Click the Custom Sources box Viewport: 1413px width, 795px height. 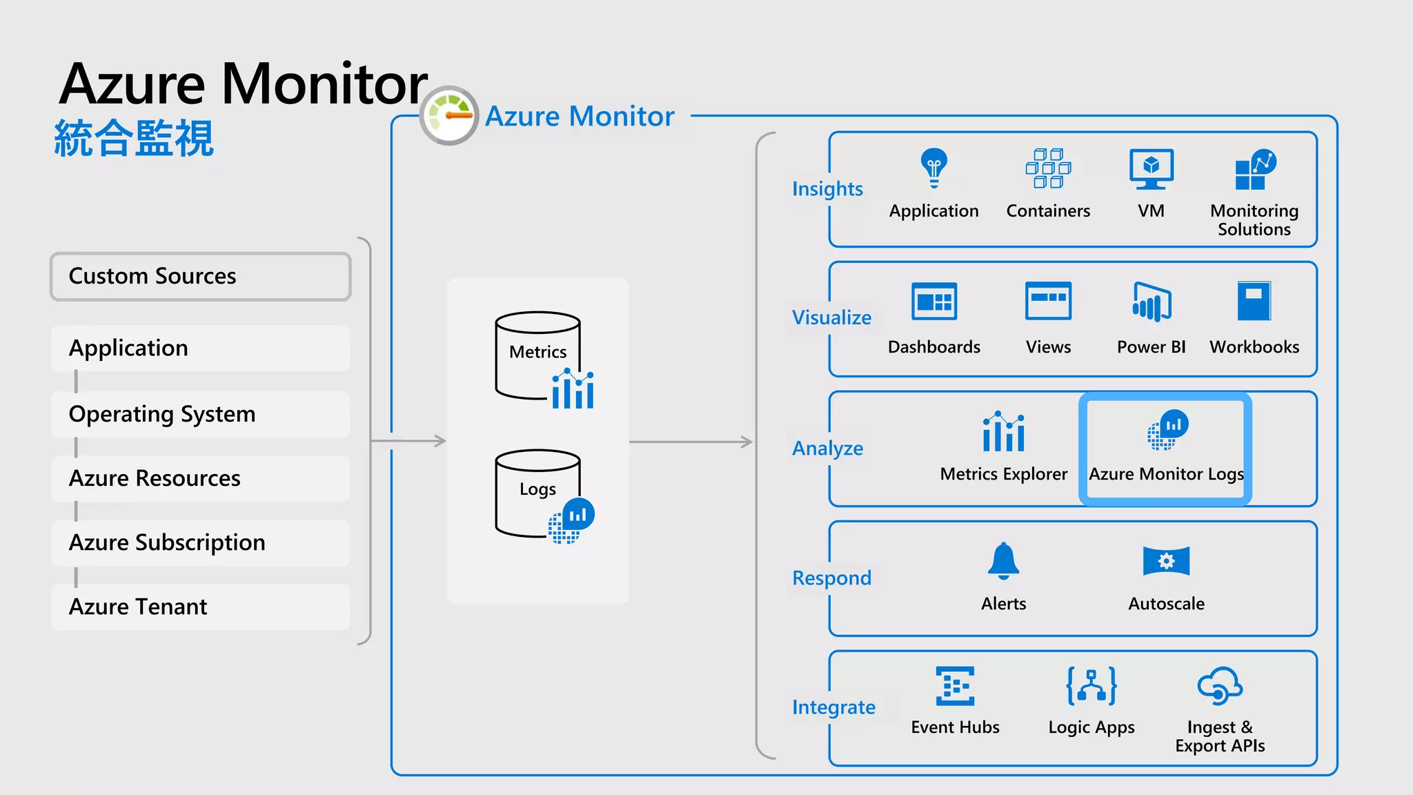point(200,276)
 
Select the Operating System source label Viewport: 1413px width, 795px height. point(162,414)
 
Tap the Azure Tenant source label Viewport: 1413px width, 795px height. point(138,607)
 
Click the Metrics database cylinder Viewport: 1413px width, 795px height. point(537,355)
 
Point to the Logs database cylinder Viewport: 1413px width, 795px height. point(537,493)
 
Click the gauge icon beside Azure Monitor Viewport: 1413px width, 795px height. point(449,115)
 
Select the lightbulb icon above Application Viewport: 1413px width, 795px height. point(933,168)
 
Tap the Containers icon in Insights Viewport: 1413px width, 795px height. point(1048,168)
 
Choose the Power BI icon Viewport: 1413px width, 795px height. point(1151,302)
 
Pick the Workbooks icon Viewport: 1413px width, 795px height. point(1254,301)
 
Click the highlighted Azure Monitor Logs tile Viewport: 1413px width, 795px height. point(1165,449)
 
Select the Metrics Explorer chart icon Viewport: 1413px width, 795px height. point(1003,432)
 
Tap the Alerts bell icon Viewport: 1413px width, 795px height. point(1003,560)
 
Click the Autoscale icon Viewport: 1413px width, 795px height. point(1166,560)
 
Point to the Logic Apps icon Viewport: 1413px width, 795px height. point(1091,686)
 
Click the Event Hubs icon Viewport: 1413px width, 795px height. point(955,686)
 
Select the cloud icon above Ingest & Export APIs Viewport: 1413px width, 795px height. point(1220,686)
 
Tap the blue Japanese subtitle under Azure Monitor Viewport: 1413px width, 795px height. point(134,138)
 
